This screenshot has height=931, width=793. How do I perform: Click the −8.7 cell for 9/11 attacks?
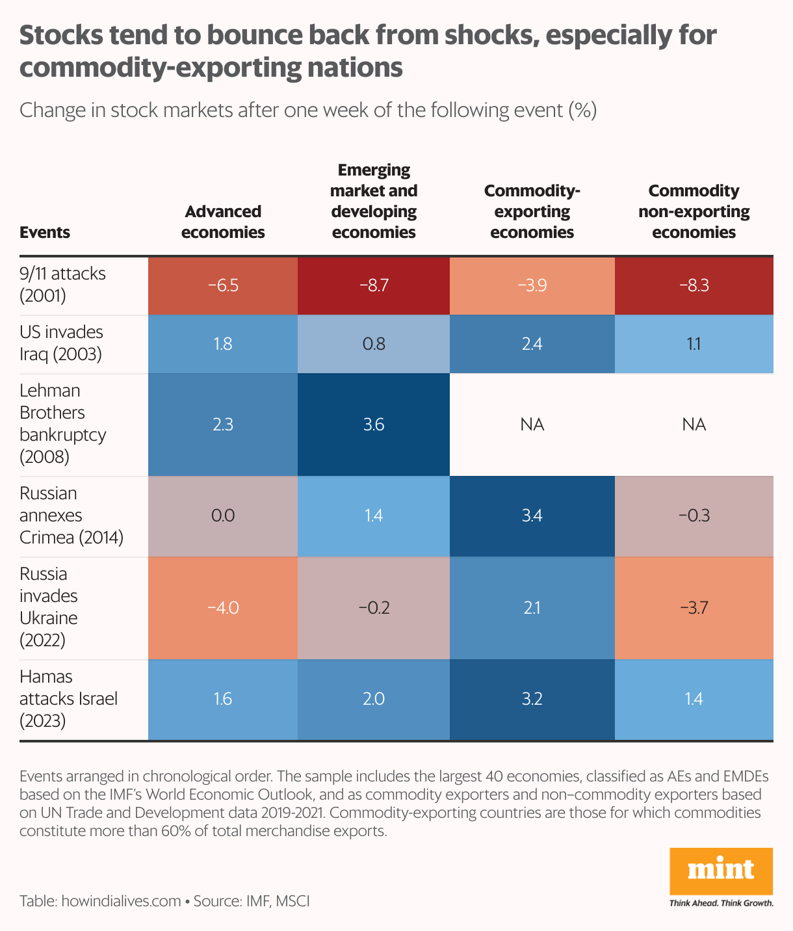point(374,285)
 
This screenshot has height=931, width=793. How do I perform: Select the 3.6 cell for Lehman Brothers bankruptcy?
point(374,425)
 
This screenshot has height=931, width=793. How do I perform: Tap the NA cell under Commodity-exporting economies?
point(532,425)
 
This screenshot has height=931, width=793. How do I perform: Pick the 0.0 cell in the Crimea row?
point(223,516)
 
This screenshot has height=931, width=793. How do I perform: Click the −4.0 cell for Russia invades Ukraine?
point(223,608)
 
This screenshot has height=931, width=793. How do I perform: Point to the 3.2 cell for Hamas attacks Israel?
point(532,700)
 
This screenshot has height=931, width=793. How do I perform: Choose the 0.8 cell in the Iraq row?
point(374,344)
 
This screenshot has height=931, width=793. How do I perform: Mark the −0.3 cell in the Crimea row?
point(694,516)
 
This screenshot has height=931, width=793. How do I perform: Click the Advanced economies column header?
point(223,222)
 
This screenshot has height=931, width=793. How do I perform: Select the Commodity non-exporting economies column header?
point(694,211)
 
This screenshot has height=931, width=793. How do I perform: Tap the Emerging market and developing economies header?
point(374,201)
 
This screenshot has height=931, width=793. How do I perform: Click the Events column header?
point(45,233)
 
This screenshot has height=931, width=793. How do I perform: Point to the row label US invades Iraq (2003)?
point(61,343)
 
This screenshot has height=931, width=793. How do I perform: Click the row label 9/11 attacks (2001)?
point(62,284)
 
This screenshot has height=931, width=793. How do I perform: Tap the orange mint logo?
point(721,871)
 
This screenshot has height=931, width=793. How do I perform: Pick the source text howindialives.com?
point(121,901)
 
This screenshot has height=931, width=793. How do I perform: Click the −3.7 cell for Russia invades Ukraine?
point(694,608)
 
